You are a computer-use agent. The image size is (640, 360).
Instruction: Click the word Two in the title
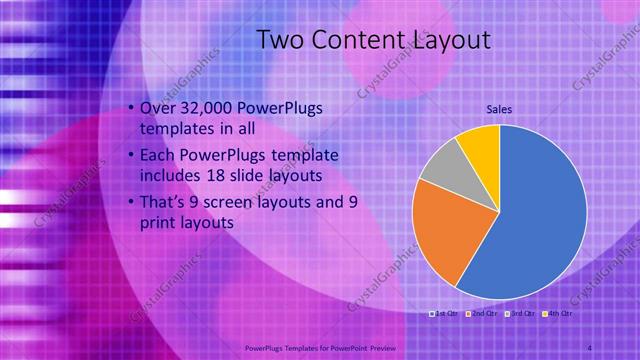click(279, 40)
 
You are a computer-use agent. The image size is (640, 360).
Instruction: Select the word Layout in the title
click(453, 40)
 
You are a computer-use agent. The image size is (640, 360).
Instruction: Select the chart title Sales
click(500, 108)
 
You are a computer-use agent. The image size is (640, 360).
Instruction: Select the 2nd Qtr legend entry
click(483, 314)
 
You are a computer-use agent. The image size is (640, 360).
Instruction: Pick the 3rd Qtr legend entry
click(521, 314)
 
